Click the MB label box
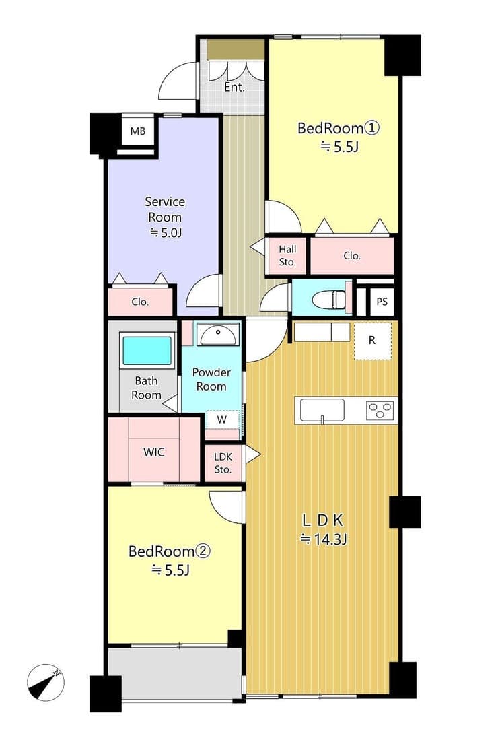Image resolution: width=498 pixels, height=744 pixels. click(138, 131)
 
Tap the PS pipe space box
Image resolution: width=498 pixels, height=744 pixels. click(382, 302)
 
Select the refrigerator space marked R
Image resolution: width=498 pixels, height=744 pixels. click(373, 341)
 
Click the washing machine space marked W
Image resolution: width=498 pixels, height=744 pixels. click(222, 419)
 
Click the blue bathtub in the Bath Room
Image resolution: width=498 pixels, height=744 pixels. click(147, 350)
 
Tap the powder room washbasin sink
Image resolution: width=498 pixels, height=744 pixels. click(217, 335)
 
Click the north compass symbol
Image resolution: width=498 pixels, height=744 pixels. click(45, 682)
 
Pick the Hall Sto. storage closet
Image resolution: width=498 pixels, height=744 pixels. click(287, 255)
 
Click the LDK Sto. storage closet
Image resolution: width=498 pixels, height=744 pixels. click(223, 463)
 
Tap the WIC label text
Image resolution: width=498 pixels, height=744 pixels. click(154, 452)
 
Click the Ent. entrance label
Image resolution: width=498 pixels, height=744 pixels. click(234, 88)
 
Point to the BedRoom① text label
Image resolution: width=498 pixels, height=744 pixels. click(338, 128)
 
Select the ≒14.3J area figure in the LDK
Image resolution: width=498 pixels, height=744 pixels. click(324, 539)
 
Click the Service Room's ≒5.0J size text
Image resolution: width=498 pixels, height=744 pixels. click(165, 232)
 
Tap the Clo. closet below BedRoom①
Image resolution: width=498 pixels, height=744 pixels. click(352, 255)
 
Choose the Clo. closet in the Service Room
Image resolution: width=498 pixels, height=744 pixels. click(141, 302)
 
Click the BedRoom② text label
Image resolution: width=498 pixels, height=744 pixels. click(170, 551)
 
